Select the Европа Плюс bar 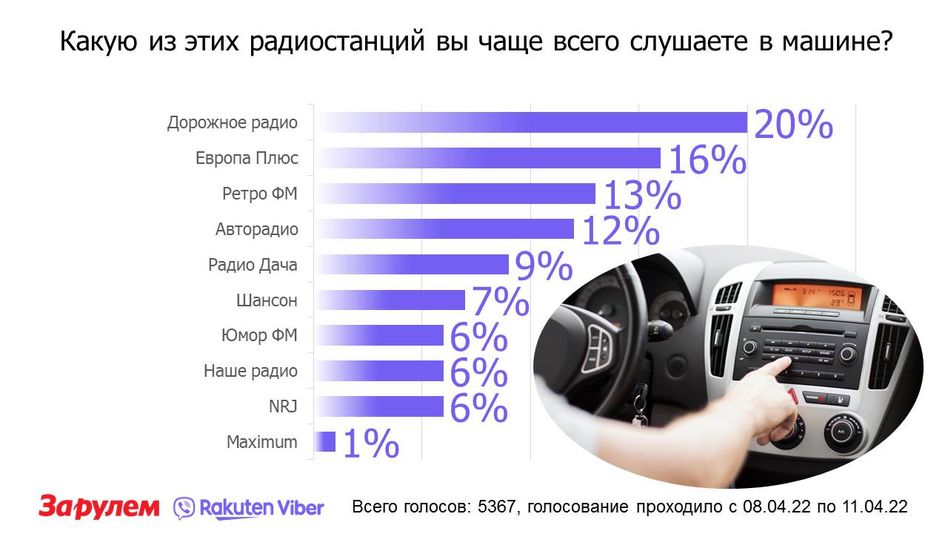point(489,158)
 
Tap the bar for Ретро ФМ point(456,194)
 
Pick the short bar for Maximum point(326,442)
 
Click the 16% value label point(707,161)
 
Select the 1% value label point(371,445)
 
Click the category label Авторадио point(257,229)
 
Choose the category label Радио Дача point(253,265)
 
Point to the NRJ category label point(283,406)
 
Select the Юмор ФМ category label point(259,335)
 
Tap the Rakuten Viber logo point(249,507)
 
